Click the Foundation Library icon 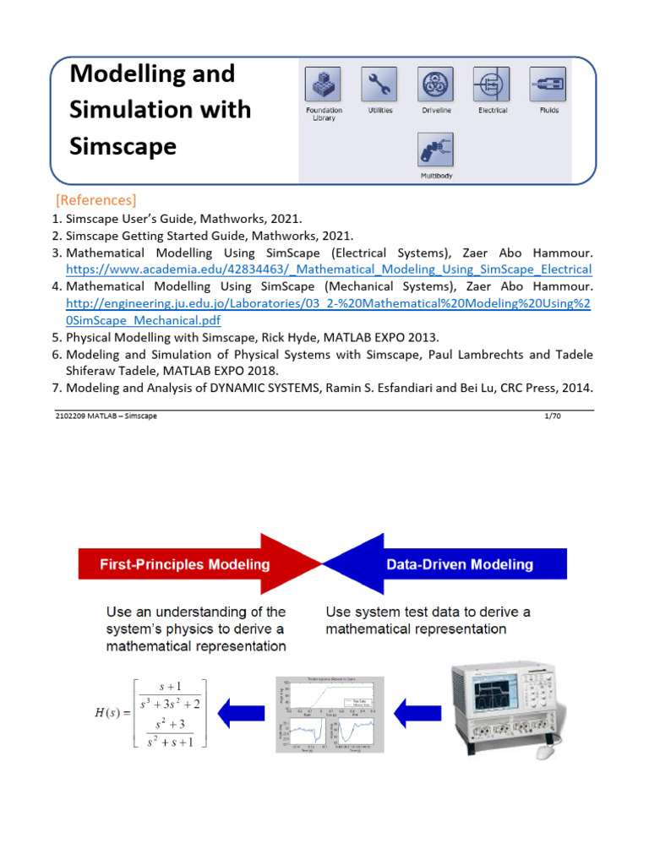pyautogui.click(x=324, y=84)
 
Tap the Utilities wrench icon pyautogui.click(x=379, y=84)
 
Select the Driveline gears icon pyautogui.click(x=436, y=84)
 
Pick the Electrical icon pyautogui.click(x=493, y=84)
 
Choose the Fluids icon pyautogui.click(x=548, y=84)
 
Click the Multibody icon pyautogui.click(x=436, y=150)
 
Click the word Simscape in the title pyautogui.click(x=123, y=145)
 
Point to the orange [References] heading pyautogui.click(x=95, y=200)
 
